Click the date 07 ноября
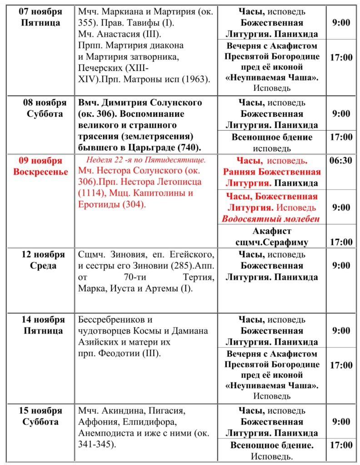point(40,12)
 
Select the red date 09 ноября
point(40,161)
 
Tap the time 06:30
point(341,161)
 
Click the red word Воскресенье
point(40,172)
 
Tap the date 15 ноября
point(40,411)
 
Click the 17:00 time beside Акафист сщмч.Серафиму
point(341,242)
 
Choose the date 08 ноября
point(40,103)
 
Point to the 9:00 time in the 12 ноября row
point(341,266)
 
